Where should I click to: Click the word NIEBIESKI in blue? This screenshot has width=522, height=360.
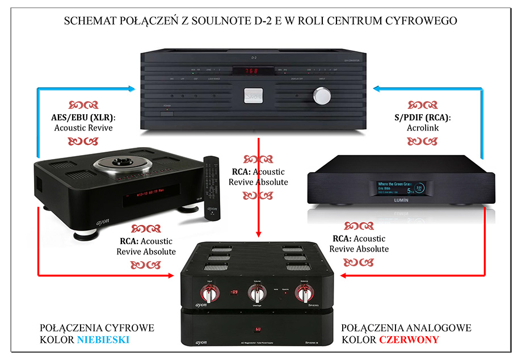tap(103, 340)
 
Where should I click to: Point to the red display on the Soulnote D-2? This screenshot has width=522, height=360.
tap(254, 72)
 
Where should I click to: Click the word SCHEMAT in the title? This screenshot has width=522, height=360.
tap(91, 21)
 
